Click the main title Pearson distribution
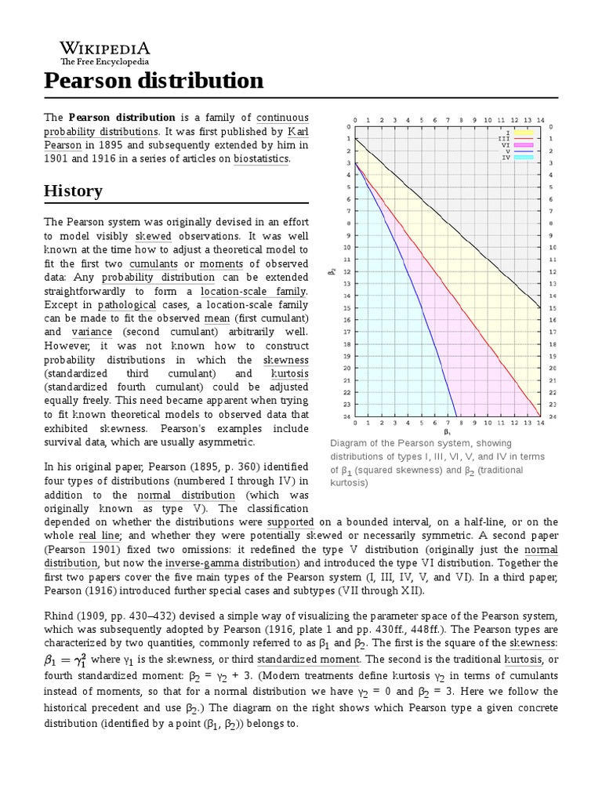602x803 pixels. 154,80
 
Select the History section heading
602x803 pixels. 73,191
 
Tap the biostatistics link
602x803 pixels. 261,158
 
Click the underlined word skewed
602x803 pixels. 153,235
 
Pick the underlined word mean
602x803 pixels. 216,318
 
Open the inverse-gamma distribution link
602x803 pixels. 231,564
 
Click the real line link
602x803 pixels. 100,536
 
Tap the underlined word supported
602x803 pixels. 290,521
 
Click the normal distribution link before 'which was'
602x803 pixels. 186,496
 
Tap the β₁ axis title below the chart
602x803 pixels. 447,431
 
